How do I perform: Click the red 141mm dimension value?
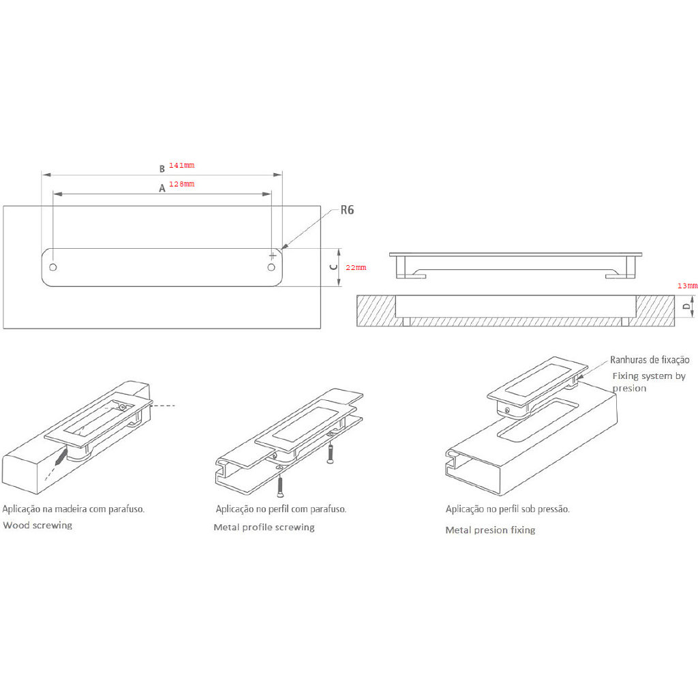pos(181,166)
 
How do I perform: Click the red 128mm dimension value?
pos(181,184)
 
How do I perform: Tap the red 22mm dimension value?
pos(355,268)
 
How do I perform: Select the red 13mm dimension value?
pos(687,286)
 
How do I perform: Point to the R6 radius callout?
pos(347,210)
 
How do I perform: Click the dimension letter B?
pos(162,168)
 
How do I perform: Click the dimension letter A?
pos(162,189)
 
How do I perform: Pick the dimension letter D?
pos(686,307)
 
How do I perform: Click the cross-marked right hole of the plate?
pos(273,256)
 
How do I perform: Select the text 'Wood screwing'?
pos(37,526)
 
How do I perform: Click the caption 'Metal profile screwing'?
pos(264,527)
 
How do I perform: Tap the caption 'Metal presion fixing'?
pos(490,530)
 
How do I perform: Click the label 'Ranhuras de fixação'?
pos(650,359)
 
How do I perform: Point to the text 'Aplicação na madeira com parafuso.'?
pos(74,509)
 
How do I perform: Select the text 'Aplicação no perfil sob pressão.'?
pos(507,509)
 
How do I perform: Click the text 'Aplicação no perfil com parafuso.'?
pos(281,509)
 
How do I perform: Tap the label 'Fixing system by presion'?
pos(648,382)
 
